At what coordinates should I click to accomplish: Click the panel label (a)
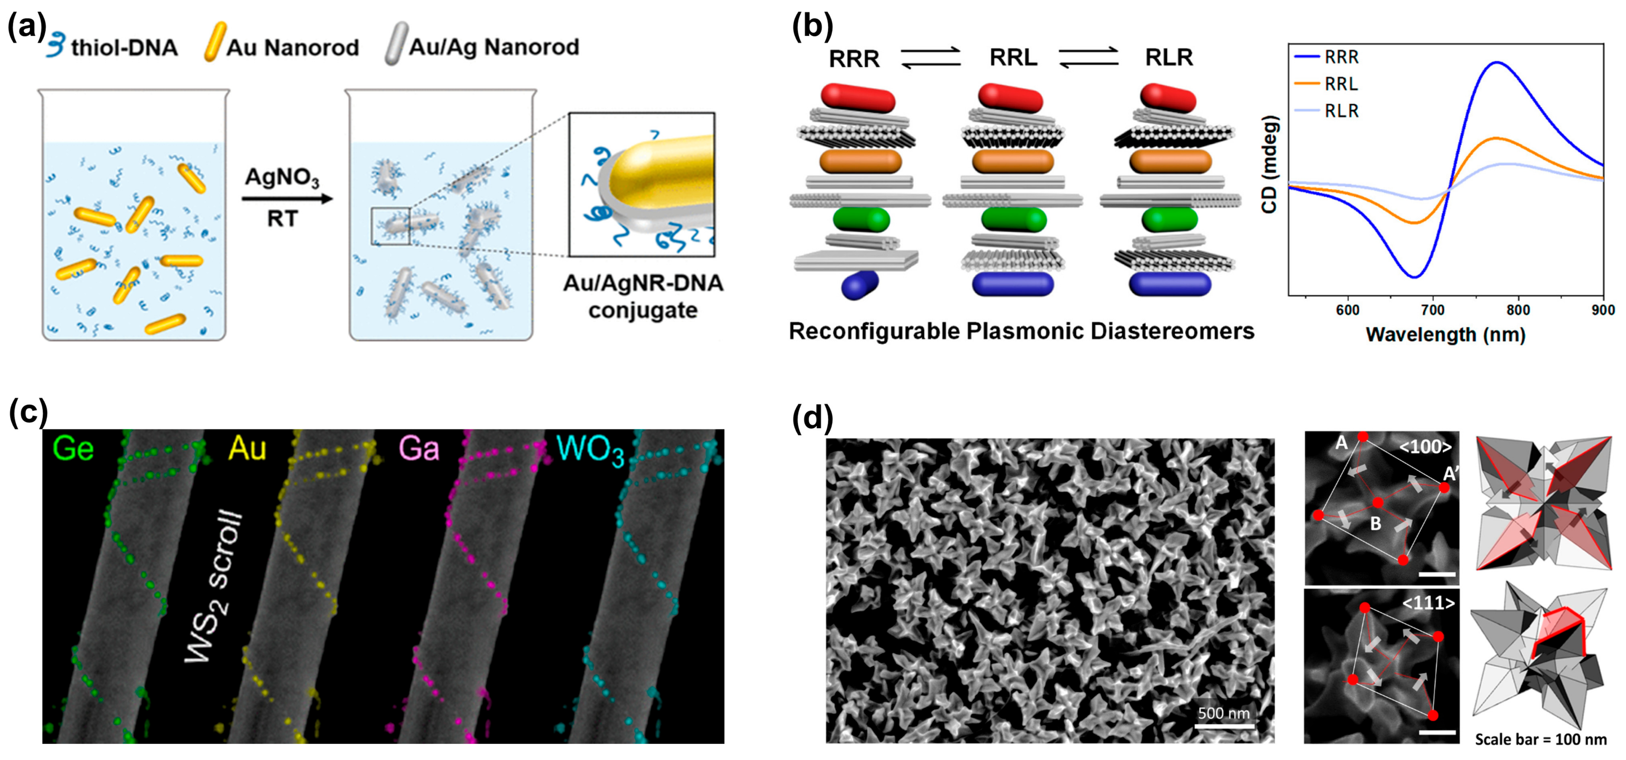pyautogui.click(x=27, y=29)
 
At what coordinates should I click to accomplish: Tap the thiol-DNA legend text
pyautogui.click(x=124, y=48)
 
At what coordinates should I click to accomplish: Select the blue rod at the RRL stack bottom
pyautogui.click(x=1013, y=284)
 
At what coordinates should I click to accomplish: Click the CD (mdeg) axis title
pyautogui.click(x=1269, y=164)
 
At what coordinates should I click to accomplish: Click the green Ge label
pyautogui.click(x=74, y=449)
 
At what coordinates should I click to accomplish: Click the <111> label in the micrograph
pyautogui.click(x=1428, y=603)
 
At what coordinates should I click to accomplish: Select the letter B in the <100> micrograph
pyautogui.click(x=1375, y=523)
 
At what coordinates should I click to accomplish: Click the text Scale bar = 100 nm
pyautogui.click(x=1540, y=739)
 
